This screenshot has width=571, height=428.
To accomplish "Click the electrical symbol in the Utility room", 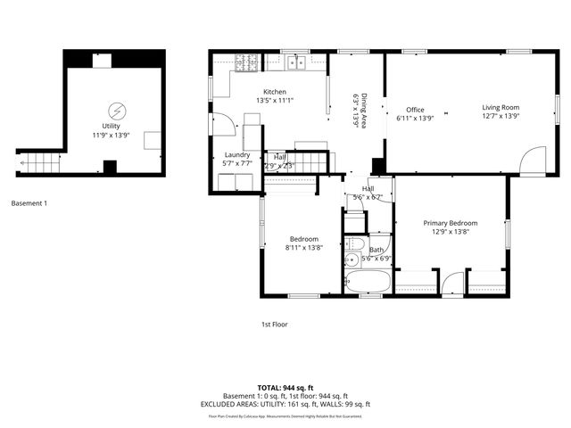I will point(117,111).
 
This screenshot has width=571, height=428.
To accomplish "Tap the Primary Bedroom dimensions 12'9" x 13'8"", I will point(450,232).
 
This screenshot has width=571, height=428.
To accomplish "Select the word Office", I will point(415,110).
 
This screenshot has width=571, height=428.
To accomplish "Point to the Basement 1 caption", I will point(29,203).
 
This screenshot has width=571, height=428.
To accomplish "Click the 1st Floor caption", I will point(274,325).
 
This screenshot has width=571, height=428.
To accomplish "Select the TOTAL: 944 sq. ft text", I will point(285,388).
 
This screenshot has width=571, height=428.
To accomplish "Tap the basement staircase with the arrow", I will point(37,163).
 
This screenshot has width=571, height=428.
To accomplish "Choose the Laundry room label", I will point(236,155).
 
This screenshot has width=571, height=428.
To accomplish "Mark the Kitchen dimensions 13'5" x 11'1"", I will point(274,101).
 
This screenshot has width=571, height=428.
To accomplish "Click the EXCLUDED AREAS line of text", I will point(285,404).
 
